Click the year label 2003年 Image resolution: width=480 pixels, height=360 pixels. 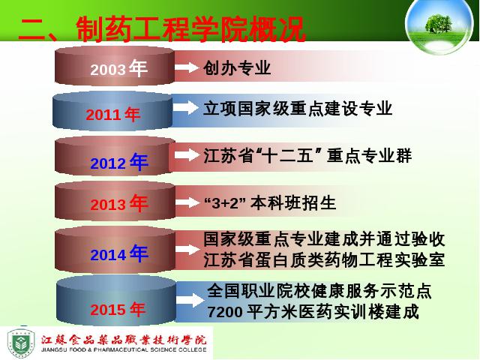[119, 68]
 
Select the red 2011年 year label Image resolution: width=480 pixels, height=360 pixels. [113, 115]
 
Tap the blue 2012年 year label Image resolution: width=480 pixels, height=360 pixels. [119, 162]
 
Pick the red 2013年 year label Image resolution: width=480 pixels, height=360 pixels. [119, 203]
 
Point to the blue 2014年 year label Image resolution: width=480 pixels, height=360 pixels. [119, 253]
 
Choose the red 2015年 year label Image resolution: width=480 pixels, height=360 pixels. [118, 309]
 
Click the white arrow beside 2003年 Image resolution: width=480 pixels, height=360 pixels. [187, 67]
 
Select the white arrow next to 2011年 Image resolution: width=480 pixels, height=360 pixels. [185, 108]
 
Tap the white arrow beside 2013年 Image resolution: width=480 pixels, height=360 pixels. [187, 202]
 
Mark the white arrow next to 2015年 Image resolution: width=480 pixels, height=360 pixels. [190, 299]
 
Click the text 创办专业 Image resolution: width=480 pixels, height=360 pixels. [237, 67]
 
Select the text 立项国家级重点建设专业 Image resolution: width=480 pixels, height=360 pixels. [298, 108]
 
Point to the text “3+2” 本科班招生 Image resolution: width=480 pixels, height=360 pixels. [270, 203]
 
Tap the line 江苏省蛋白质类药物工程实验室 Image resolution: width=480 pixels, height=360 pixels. [324, 260]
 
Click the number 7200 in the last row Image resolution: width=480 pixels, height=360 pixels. [225, 312]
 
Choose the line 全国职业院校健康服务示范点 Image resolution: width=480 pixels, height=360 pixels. [319, 291]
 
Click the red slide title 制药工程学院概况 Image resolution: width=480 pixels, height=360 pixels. [190, 29]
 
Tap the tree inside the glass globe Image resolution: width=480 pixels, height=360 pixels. [438, 23]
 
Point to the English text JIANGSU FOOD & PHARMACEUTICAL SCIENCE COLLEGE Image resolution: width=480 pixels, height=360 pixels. [124, 349]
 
